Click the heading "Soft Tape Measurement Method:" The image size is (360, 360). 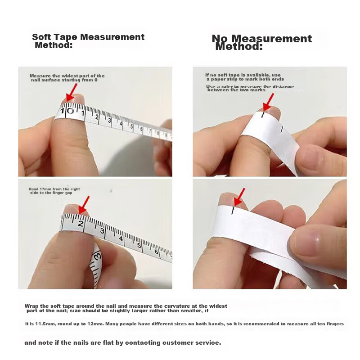[88, 41]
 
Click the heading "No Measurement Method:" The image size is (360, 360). [262, 42]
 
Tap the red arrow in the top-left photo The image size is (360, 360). [71, 92]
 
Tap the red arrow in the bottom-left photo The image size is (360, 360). [84, 205]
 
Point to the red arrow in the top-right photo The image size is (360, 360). [268, 102]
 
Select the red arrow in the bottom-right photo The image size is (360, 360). [239, 197]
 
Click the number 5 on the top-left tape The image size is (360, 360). [132, 126]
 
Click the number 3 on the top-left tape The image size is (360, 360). [109, 120]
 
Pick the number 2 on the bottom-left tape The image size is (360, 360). [81, 223]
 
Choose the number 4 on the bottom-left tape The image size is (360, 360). [121, 238]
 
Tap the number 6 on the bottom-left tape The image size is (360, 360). [156, 252]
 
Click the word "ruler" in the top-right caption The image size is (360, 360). [227, 86]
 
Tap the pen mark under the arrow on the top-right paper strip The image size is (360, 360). [263, 115]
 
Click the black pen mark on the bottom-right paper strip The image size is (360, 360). [233, 211]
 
